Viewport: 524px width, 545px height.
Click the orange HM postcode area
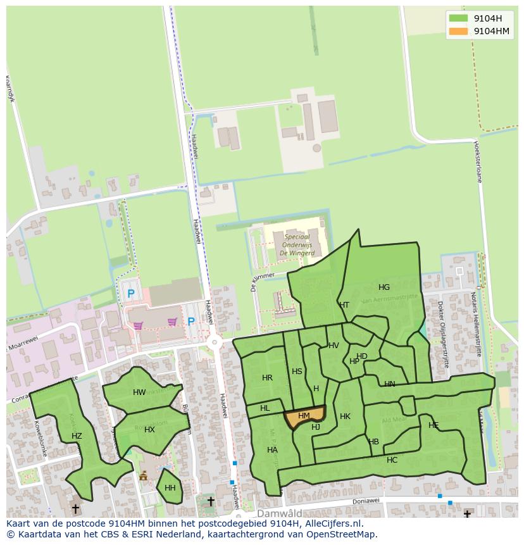[x=304, y=417]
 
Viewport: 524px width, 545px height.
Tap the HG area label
[x=384, y=287]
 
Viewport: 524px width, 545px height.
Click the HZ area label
[x=77, y=436]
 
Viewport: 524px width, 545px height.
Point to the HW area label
[x=139, y=392]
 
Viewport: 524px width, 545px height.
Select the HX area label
[x=149, y=430]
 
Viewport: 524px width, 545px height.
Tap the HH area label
[x=170, y=488]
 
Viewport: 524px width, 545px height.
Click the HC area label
[x=392, y=460]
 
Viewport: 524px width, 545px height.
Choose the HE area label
[x=434, y=425]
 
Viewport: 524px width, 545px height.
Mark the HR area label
[x=267, y=378]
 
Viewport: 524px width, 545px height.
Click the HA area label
[x=272, y=450]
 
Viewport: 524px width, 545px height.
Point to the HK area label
[x=345, y=417]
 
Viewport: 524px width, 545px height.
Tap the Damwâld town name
[x=279, y=513]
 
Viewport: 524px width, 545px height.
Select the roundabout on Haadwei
[x=215, y=342]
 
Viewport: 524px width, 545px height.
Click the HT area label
[x=344, y=305]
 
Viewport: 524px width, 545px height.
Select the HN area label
[x=389, y=384]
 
